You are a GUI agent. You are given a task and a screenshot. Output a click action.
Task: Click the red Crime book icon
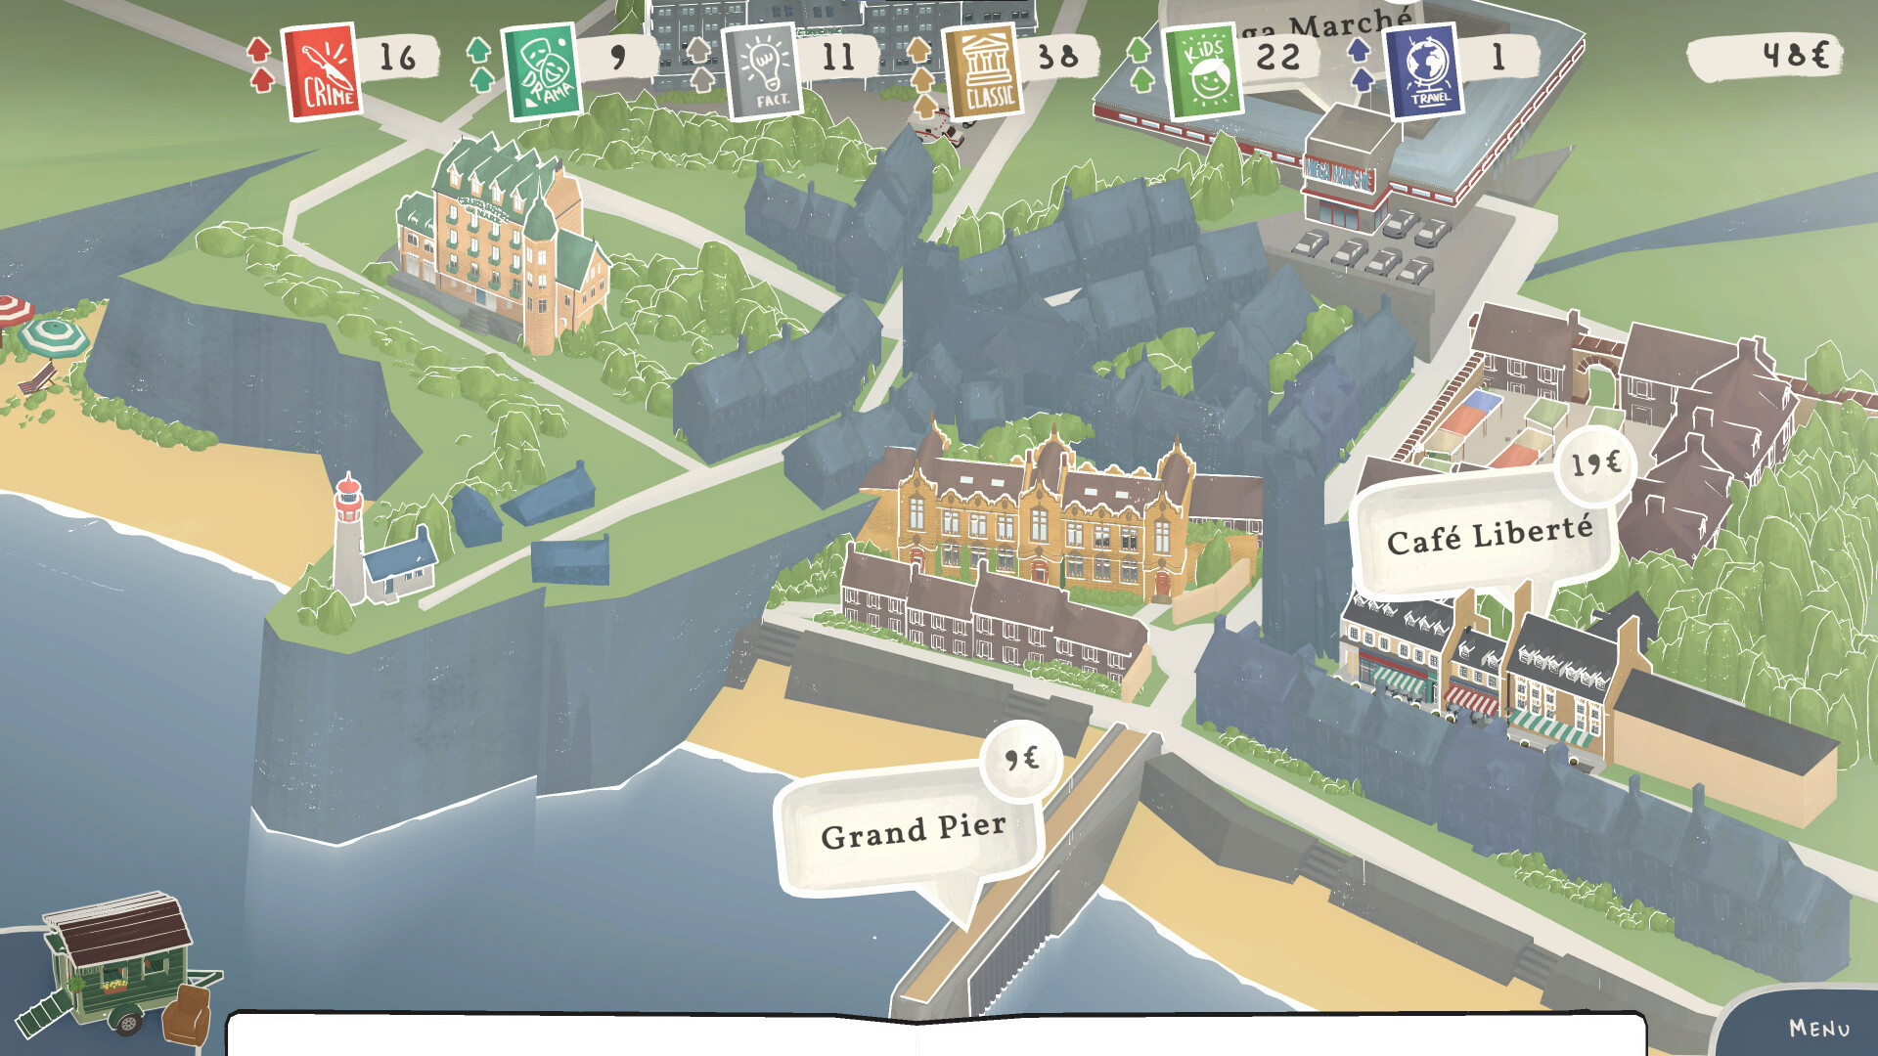322,70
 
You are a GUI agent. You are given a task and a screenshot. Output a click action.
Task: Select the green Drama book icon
541,70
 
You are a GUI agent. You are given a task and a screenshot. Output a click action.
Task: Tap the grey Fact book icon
763,71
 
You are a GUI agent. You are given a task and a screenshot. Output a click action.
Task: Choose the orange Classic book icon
983,71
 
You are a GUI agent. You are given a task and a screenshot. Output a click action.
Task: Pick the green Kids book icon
1204,71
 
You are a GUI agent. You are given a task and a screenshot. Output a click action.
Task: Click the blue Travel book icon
1424,71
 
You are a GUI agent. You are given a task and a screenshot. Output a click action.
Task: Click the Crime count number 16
397,58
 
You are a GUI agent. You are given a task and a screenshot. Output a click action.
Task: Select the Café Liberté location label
1488,536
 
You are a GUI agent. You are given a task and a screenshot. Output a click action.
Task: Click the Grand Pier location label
912,831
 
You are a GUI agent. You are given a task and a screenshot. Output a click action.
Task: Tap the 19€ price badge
1595,464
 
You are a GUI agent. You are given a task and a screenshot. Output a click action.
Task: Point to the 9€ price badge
1022,759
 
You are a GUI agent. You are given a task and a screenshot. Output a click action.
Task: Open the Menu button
1818,1028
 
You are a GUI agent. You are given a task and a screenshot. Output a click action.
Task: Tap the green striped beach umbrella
53,335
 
